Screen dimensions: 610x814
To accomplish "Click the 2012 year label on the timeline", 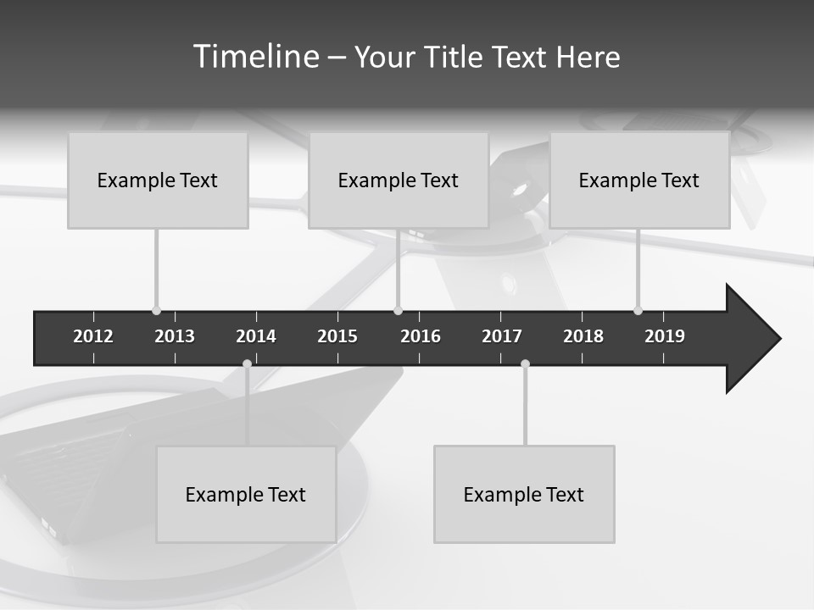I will [x=93, y=336].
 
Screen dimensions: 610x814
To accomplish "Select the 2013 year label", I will [x=175, y=336].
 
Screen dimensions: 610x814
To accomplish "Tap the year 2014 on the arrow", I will [x=256, y=336].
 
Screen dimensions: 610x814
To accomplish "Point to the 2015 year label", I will [x=337, y=336].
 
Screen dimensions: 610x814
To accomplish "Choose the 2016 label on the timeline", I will [x=421, y=336].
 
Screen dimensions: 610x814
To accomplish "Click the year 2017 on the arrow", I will [x=502, y=336].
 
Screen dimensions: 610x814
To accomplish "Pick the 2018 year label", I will [x=583, y=336].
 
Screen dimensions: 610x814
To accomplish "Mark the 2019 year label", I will [x=665, y=336].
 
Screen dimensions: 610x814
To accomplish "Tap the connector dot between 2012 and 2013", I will [x=156, y=310].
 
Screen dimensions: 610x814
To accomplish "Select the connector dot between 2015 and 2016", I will [x=398, y=310].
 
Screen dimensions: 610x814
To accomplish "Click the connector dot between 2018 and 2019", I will [x=638, y=310].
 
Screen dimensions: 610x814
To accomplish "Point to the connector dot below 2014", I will [x=247, y=364].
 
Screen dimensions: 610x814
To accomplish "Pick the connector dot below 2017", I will [x=525, y=364].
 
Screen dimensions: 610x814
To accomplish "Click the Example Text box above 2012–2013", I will [x=158, y=180].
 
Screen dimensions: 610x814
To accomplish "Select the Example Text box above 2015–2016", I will [x=399, y=180].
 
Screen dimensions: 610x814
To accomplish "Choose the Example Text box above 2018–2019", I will [x=639, y=180].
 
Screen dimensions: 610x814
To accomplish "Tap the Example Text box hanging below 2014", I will [x=246, y=495].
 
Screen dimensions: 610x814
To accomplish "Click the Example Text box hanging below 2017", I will [x=524, y=495].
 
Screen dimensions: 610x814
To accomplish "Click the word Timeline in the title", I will [x=255, y=57].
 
